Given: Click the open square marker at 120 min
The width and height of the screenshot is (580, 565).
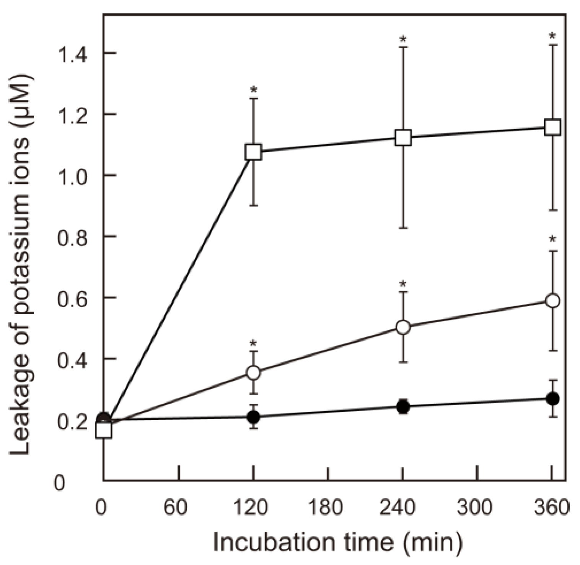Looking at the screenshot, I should [253, 152].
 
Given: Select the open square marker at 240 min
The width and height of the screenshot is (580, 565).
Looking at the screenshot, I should [403, 137].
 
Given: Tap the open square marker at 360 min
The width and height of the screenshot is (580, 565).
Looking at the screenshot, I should [552, 127].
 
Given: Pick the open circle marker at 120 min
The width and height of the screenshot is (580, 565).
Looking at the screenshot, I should [253, 372].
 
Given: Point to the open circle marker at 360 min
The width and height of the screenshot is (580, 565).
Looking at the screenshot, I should [552, 301].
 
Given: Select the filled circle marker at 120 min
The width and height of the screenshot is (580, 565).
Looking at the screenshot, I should [253, 416].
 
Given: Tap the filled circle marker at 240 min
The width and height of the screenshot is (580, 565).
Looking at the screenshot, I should [403, 406].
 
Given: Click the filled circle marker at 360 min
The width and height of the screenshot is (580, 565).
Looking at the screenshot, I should [552, 398].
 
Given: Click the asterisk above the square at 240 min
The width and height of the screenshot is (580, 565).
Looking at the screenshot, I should [403, 39].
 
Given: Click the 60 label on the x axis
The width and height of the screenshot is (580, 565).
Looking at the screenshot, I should [176, 508].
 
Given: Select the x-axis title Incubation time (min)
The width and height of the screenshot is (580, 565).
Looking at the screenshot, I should [337, 542].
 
